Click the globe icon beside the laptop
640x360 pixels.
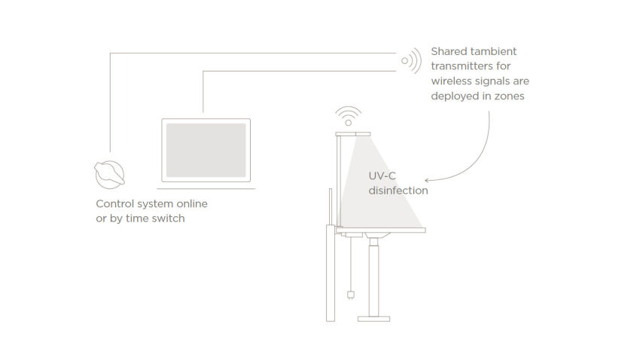pyautogui.click(x=109, y=174)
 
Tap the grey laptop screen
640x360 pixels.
pyautogui.click(x=206, y=150)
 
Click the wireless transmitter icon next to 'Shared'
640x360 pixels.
pyautogui.click(x=411, y=60)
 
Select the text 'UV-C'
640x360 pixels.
pyautogui.click(x=382, y=175)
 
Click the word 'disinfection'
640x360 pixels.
pyautogui.click(x=398, y=191)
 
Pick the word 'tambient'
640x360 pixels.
pyautogui.click(x=495, y=51)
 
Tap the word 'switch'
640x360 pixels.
pyautogui.click(x=167, y=218)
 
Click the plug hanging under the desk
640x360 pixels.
pyautogui.click(x=351, y=294)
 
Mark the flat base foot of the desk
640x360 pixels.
pyautogui.click(x=373, y=319)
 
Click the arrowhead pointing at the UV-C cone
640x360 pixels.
pyautogui.click(x=428, y=180)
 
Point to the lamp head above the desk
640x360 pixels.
pyautogui.click(x=352, y=133)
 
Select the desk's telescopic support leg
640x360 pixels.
pyautogui.click(x=373, y=275)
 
